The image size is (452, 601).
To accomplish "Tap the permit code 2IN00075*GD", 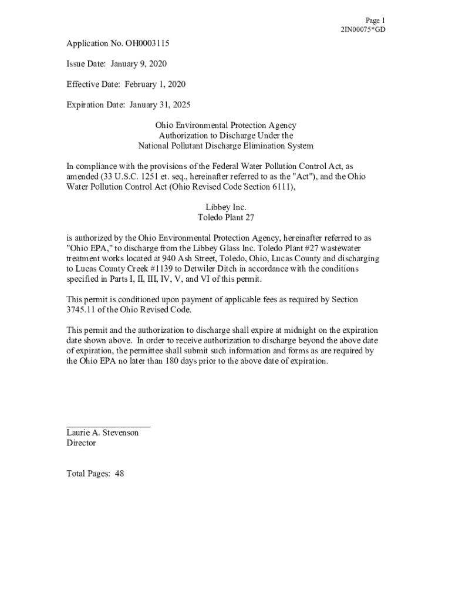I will tap(363, 29).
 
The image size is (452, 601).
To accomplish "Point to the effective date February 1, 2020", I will tap(154, 85).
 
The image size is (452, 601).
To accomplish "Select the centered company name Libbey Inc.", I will tap(226, 207).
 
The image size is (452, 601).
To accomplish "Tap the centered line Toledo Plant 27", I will tap(226, 217).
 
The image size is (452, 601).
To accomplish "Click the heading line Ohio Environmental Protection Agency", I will tap(226, 126).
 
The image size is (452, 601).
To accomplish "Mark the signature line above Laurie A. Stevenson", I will tap(109, 426).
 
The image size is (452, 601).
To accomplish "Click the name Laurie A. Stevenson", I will tap(103, 433).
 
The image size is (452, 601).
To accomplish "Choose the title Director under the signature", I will tap(81, 443).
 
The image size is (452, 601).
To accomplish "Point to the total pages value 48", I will tap(119, 474).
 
